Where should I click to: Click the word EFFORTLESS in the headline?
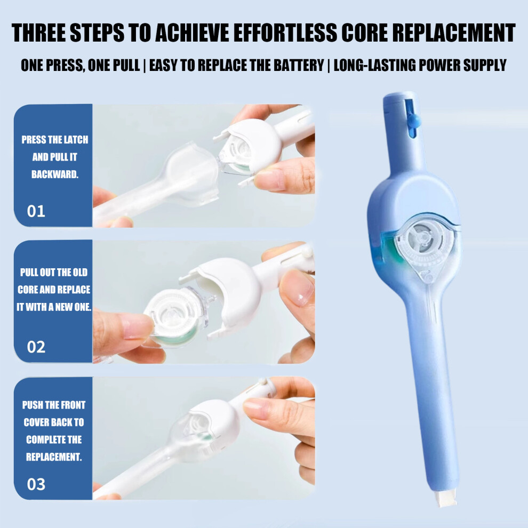(285, 33)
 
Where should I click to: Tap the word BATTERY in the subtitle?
(299, 65)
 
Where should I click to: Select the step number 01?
(36, 212)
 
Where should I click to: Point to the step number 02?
(36, 347)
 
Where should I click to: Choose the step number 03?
(36, 484)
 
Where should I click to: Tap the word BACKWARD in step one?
(55, 174)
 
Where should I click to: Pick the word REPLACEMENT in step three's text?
(54, 457)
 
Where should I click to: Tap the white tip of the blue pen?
(445, 498)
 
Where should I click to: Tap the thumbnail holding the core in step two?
(137, 326)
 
